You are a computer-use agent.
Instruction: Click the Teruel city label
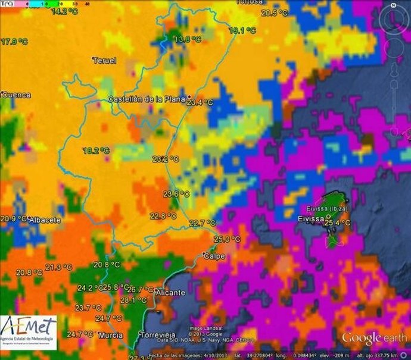pos(105,60)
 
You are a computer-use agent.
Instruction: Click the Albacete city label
pos(45,220)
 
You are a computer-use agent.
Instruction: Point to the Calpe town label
pos(214,256)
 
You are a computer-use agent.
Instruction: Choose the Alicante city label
pos(170,293)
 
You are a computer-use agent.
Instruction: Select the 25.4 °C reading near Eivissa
pos(338,223)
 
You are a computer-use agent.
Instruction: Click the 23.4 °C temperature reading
pos(200,102)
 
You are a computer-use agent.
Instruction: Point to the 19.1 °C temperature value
pos(243,30)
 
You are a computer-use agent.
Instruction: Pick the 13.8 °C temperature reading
pos(187,39)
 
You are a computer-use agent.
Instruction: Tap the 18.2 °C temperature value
pos(96,151)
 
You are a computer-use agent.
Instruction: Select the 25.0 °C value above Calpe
pos(227,239)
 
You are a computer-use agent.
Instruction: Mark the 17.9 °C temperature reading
pos(14,42)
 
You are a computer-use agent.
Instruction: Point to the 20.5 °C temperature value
pos(275,12)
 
